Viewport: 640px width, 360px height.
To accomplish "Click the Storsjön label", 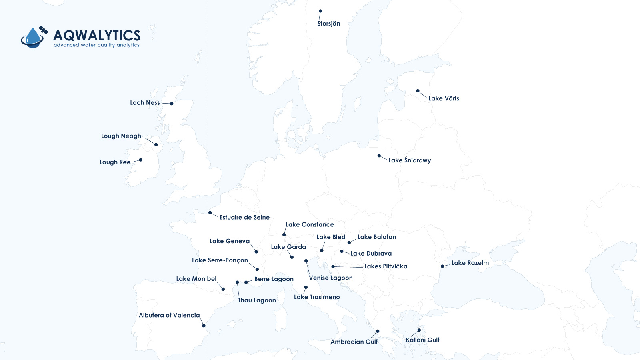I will pos(328,24).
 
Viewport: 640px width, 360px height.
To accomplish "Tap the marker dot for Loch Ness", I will pos(172,104).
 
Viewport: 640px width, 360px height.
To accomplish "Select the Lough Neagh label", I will pos(121,136).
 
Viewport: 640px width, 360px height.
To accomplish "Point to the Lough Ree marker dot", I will pos(140,160).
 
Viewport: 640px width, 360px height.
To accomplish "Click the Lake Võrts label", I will pos(444,98).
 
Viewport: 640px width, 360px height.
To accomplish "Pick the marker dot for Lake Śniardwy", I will pos(379,156).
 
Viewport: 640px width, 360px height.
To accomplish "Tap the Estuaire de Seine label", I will pos(244,217).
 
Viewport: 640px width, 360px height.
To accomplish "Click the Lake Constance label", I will pos(310,224).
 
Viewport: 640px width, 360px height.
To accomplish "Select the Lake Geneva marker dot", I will pos(256,252).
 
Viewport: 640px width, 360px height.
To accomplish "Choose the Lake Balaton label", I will pos(376,237).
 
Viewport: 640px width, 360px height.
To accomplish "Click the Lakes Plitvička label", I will pos(386,266).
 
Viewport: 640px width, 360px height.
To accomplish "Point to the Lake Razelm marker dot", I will pos(442,266).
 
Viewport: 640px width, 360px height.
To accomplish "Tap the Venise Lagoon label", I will pos(330,278).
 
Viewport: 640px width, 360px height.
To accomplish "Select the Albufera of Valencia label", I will pos(169,315).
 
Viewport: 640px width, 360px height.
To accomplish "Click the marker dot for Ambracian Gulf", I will pos(378,331).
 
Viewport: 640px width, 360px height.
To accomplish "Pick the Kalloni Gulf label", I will pos(422,340).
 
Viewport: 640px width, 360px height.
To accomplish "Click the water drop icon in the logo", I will pos(33,38).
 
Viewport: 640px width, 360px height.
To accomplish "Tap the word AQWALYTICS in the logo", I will pos(97,35).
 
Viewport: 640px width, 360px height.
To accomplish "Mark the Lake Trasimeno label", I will pos(317,297).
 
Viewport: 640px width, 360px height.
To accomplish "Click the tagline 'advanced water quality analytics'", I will pos(97,45).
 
